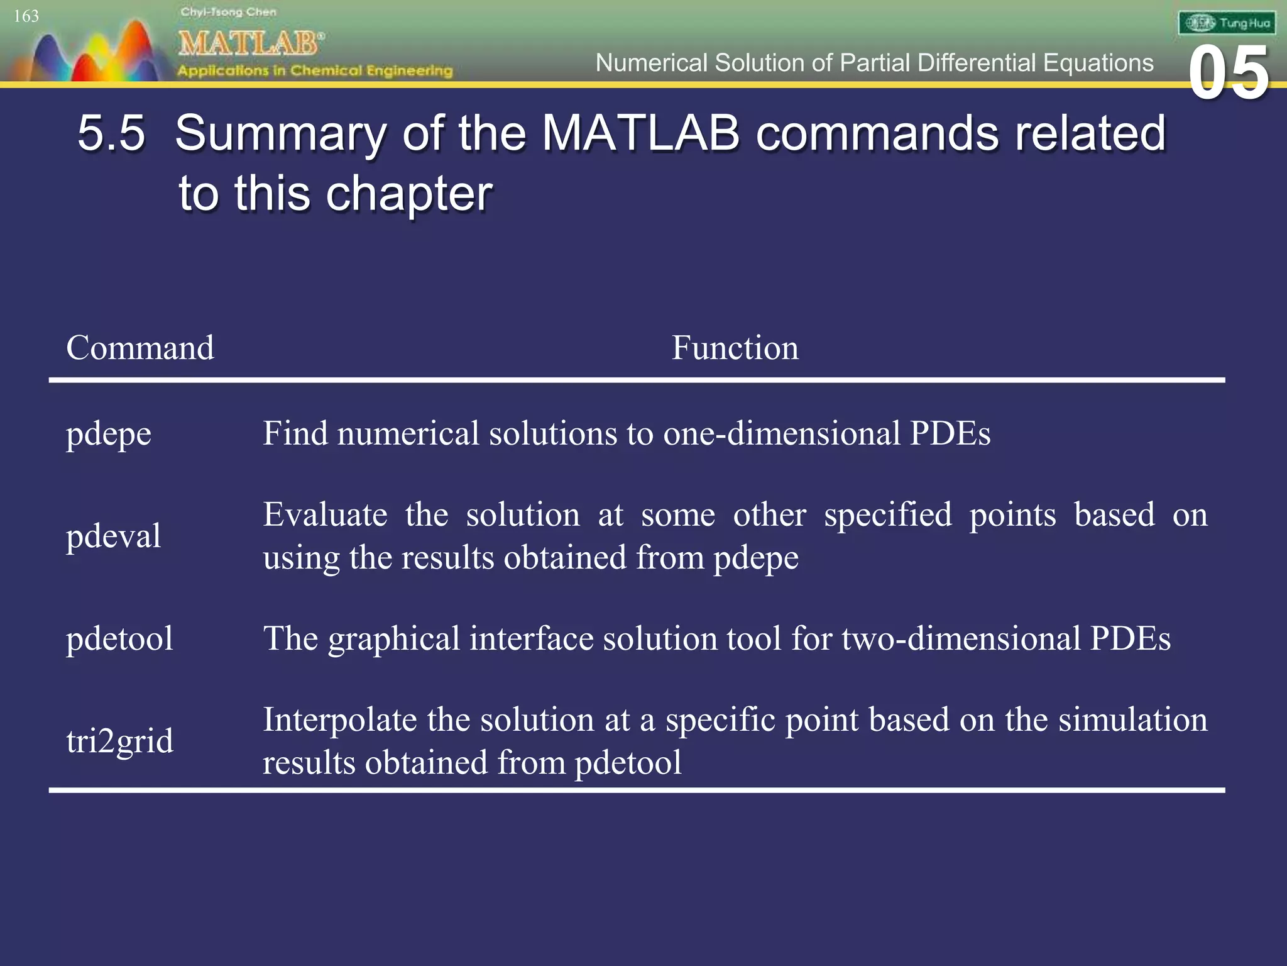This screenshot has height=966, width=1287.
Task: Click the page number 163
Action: (x=26, y=16)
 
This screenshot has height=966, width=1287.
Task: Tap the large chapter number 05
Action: (x=1229, y=74)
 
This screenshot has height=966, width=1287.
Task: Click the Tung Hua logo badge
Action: (x=1227, y=23)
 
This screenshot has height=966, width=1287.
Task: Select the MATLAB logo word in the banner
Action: (x=250, y=43)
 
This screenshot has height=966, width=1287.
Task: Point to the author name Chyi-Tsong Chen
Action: (x=228, y=12)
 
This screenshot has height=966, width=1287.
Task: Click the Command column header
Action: (x=140, y=348)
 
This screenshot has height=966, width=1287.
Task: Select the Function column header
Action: (x=735, y=348)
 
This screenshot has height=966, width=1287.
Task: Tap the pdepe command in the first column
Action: (x=109, y=434)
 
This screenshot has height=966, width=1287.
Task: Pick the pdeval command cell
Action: (x=114, y=536)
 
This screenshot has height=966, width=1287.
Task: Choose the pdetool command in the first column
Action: (x=119, y=638)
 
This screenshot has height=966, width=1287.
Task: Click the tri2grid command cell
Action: (x=119, y=741)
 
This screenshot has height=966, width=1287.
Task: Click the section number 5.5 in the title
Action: (x=111, y=133)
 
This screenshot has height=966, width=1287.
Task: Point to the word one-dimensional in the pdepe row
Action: (x=782, y=433)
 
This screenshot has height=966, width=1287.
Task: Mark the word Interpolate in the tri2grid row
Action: (x=339, y=719)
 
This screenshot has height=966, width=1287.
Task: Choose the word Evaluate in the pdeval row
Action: (x=325, y=515)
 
